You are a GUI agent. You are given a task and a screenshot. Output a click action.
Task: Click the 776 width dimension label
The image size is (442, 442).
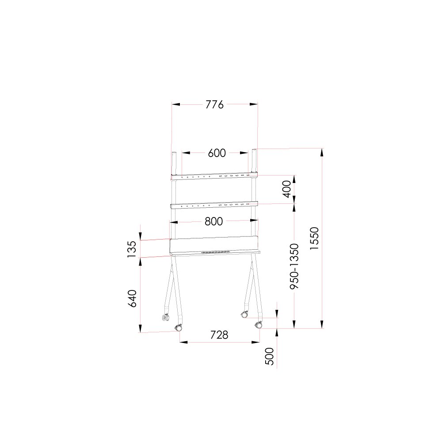[214, 105]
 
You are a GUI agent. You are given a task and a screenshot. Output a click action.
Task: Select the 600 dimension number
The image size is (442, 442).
[217, 153]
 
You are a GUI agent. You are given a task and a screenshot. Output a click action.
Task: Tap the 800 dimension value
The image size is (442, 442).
[213, 221]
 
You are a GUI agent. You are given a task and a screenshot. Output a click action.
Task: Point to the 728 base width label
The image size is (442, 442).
[219, 335]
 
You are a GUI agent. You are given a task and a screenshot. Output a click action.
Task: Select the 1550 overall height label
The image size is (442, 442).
[314, 238]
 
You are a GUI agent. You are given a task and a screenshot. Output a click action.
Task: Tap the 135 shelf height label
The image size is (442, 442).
[132, 249]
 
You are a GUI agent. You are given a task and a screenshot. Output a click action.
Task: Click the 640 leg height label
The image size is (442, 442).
[132, 298]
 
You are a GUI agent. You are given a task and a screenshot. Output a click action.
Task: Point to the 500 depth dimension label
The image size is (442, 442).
[270, 356]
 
